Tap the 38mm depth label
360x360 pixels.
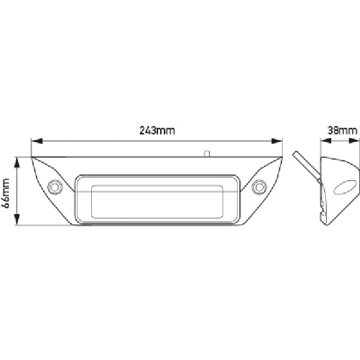(343, 130)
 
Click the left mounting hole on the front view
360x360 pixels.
(55, 187)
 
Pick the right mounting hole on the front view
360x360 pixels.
(259, 187)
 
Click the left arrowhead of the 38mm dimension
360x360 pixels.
(325, 142)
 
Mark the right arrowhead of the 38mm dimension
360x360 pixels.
(355, 142)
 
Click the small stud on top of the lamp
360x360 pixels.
(206, 154)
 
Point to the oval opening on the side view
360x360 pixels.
(345, 188)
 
